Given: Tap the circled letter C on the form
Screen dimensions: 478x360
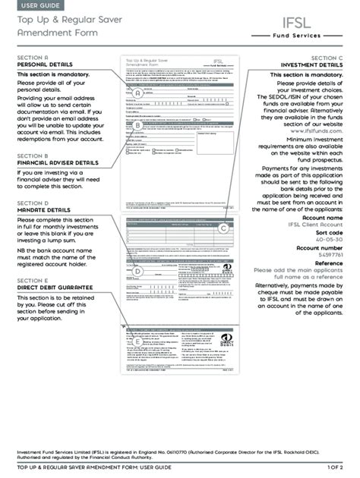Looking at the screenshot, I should coord(224,228).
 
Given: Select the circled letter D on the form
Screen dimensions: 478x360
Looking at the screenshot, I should coord(137,271).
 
